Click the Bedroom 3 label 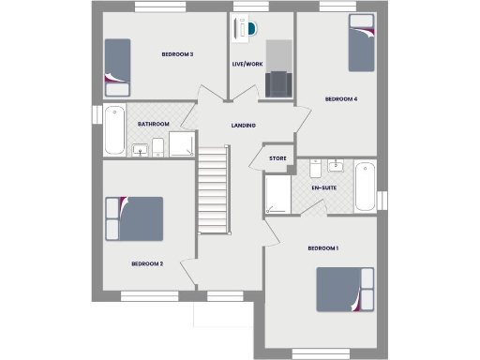(x=177, y=54)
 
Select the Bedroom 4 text (x=341, y=98)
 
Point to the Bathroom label (x=153, y=124)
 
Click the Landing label (x=244, y=126)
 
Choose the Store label (x=277, y=158)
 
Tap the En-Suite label (x=324, y=188)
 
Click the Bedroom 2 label (x=147, y=263)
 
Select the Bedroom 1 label (x=323, y=247)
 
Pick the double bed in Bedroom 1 (x=345, y=291)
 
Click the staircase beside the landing (x=214, y=191)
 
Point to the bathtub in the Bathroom (x=113, y=131)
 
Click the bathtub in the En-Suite (x=365, y=187)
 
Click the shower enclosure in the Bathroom (x=182, y=142)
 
